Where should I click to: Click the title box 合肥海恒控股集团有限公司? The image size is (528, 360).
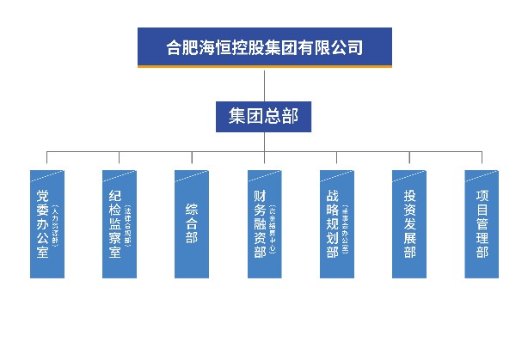pyautogui.click(x=264, y=47)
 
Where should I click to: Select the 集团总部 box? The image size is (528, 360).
pyautogui.click(x=264, y=116)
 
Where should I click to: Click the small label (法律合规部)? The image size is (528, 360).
pyautogui.click(x=129, y=225)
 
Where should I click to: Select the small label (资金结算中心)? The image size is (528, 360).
pyautogui.click(x=273, y=225)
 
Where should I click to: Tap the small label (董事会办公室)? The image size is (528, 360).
pyautogui.click(x=346, y=225)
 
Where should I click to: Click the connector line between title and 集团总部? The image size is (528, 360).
pyautogui.click(x=264, y=83)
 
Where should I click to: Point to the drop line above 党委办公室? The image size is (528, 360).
pyautogui.click(x=47, y=161)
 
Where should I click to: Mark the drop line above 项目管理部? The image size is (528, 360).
pyautogui.click(x=482, y=161)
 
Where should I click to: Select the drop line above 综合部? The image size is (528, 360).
pyautogui.click(x=192, y=161)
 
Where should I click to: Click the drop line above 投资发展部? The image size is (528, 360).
pyautogui.click(x=409, y=161)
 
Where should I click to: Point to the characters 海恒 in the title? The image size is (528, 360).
pyautogui.click(x=214, y=47)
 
